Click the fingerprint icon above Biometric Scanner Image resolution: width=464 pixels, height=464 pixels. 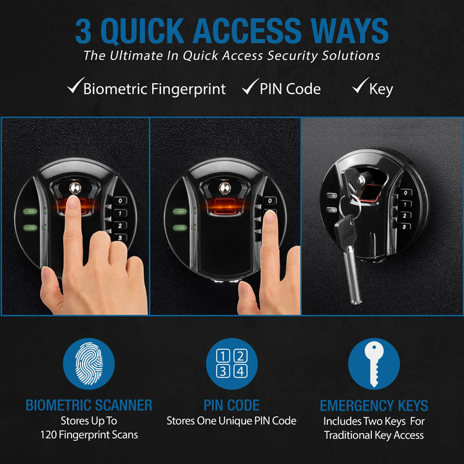[x=89, y=364]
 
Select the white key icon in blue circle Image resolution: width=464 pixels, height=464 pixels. [x=374, y=364]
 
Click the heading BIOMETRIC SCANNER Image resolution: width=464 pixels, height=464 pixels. [x=89, y=405]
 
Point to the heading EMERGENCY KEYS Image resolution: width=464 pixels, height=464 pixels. [x=374, y=405]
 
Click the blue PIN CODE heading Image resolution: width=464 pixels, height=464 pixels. [x=231, y=405]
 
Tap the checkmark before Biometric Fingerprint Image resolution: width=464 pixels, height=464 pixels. [x=75, y=87]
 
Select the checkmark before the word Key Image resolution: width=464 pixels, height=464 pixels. [x=360, y=87]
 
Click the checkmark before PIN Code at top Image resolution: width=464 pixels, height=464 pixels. [x=250, y=87]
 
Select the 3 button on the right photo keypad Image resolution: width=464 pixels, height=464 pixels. [x=405, y=227]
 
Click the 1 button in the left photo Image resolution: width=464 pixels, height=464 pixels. [x=120, y=213]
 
